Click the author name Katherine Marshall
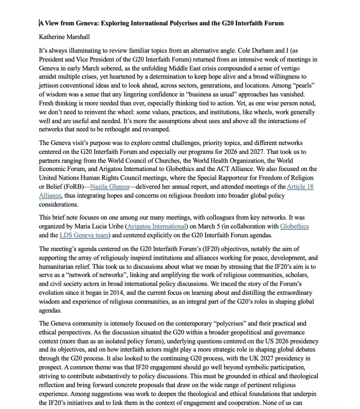pyautogui.click(x=64, y=37)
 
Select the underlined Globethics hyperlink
pyautogui.click(x=294, y=226)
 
